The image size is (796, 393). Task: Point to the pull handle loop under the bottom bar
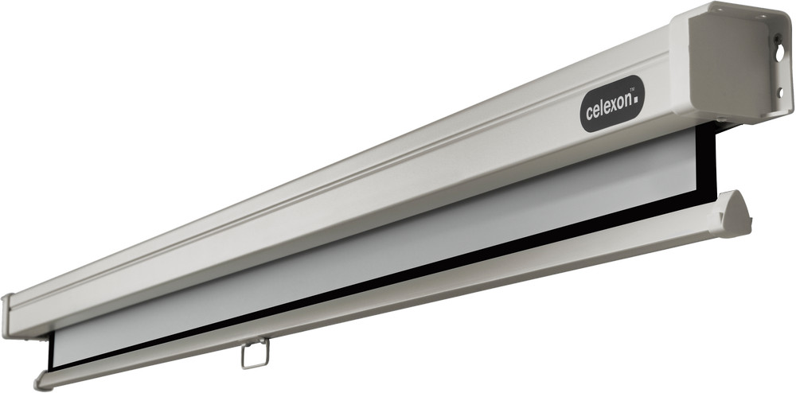tap(254, 354)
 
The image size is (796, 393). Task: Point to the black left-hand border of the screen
tap(54, 350)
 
